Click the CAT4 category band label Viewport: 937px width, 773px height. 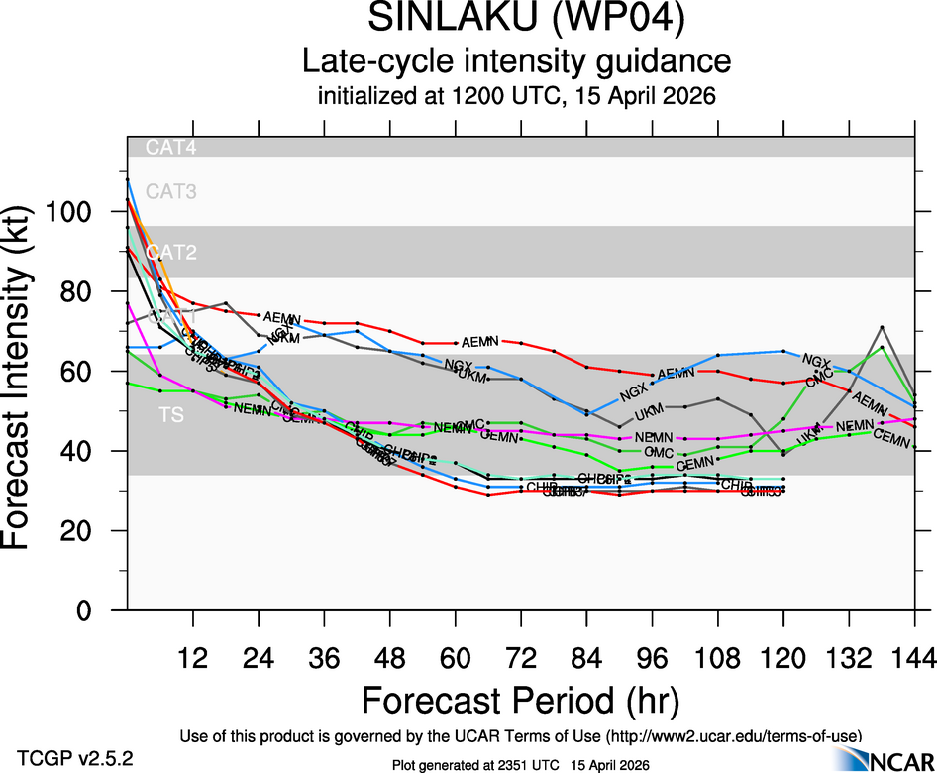click(171, 147)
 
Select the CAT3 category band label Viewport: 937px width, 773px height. click(171, 191)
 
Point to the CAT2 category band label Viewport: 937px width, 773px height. click(171, 252)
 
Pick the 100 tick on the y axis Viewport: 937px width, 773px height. click(77, 212)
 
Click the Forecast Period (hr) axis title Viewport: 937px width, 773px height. click(520, 701)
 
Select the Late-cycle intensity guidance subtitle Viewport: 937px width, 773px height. click(516, 61)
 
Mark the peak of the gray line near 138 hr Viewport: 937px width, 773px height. click(882, 326)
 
